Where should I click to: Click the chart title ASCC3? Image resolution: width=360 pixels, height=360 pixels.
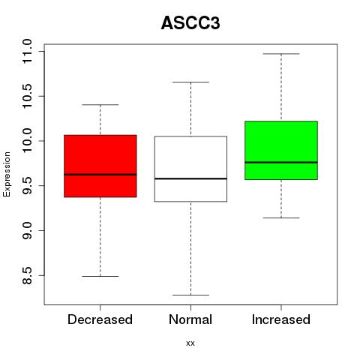coord(190,23)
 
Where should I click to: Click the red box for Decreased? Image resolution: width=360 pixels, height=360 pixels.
coord(100,166)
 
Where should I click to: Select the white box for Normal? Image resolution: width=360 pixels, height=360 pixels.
coord(190,169)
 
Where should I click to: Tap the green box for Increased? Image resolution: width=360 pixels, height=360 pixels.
coord(281,150)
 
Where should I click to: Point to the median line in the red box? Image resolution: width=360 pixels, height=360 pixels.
coord(100,175)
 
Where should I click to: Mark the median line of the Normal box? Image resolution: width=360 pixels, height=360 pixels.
coord(190,178)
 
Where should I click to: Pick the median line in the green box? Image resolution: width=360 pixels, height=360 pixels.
coord(281,162)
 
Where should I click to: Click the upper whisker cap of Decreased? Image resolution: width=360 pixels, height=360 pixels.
coord(100,104)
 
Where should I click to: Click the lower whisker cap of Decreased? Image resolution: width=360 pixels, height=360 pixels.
coord(100,276)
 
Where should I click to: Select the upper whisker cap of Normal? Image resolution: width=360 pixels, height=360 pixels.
coord(190,82)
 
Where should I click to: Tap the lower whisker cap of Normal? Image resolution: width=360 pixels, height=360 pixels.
coord(190,295)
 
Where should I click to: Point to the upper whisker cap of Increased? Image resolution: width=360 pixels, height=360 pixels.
coord(281,54)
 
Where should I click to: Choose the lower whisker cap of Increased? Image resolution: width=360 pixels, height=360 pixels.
coord(281,217)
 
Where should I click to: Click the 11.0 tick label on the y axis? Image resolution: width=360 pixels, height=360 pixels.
coord(27,52)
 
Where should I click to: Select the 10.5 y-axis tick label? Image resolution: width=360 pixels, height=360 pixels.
coord(27,96)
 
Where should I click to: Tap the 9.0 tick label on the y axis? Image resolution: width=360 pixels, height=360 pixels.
coord(27,230)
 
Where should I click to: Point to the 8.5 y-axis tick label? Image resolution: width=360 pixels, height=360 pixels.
coord(27,275)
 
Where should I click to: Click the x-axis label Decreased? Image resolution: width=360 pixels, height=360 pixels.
coord(100,319)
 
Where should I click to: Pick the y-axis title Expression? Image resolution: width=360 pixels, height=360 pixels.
coord(7,174)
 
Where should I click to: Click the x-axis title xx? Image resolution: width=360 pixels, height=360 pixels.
coord(190,343)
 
